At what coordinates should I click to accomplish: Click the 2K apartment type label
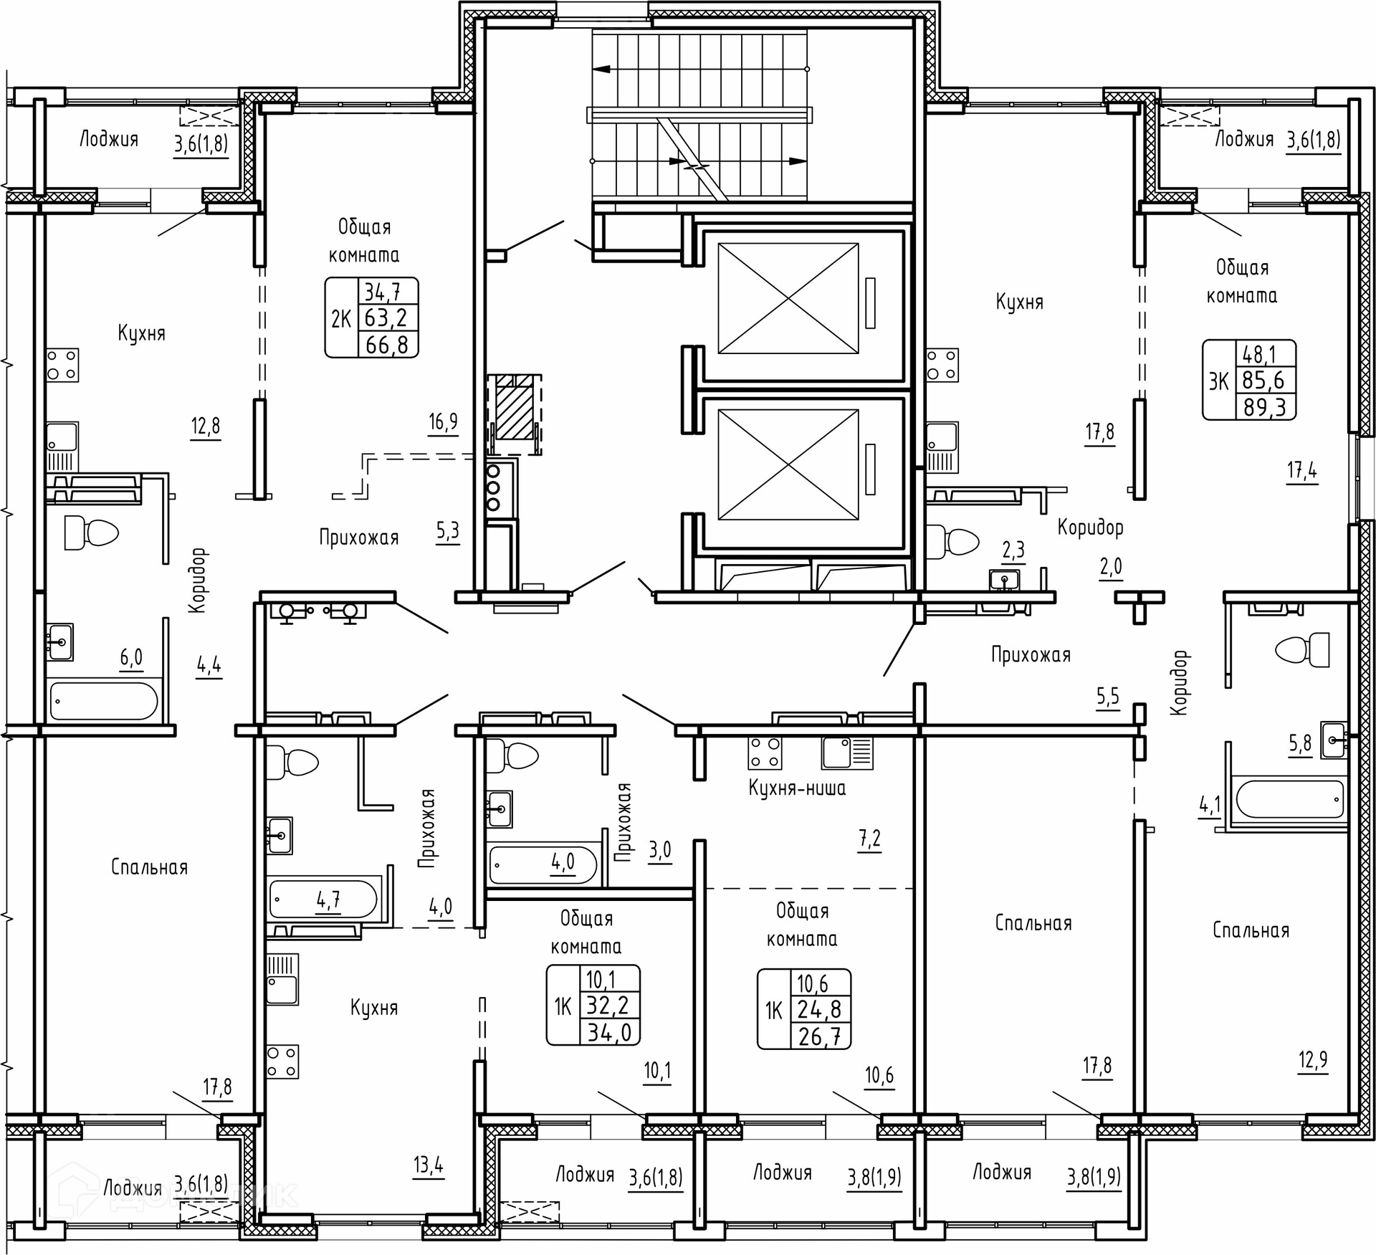(341, 318)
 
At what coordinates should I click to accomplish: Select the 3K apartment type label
(1218, 381)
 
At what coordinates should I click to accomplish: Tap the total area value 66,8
(387, 345)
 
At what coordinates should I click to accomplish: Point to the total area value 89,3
(1265, 407)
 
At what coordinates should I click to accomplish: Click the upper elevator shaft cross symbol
(788, 298)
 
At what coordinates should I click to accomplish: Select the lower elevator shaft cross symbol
(788, 464)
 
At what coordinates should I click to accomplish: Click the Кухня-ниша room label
(797, 788)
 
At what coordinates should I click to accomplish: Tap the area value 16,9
(443, 421)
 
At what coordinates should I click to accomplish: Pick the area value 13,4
(428, 1165)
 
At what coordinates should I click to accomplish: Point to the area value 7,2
(869, 838)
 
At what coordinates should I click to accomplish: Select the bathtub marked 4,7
(323, 900)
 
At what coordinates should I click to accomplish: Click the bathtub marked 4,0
(543, 864)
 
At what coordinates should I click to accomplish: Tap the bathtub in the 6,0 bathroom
(104, 700)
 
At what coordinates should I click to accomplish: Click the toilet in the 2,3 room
(952, 541)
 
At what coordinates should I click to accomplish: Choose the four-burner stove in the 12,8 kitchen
(63, 365)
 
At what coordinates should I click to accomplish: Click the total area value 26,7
(821, 1036)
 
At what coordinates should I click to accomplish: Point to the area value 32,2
(608, 1005)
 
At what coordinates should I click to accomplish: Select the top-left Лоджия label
(108, 139)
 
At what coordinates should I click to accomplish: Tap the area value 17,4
(1301, 470)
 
